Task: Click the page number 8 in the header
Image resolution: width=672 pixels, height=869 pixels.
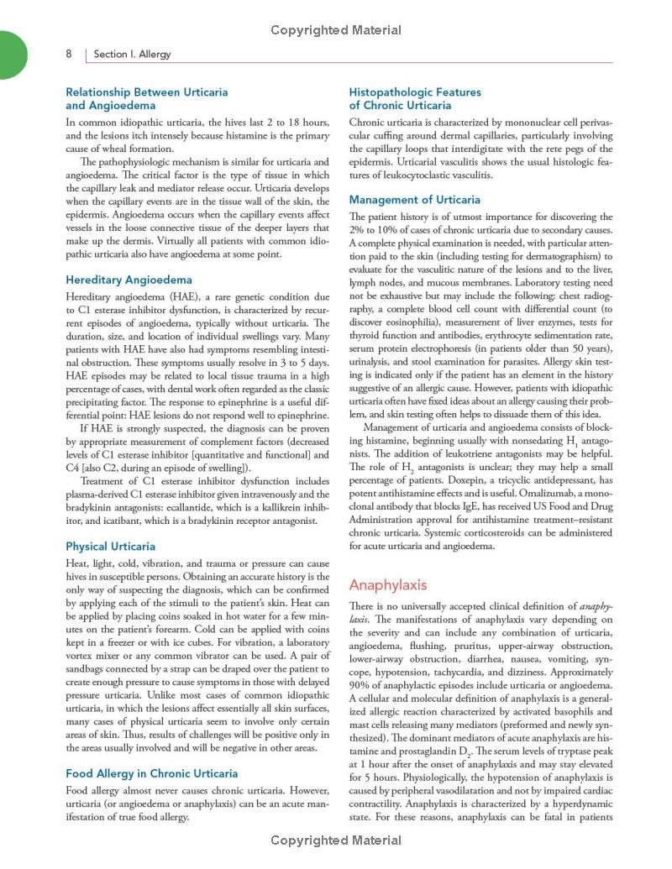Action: click(68, 54)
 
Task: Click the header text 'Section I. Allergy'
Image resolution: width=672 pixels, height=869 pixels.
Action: click(132, 55)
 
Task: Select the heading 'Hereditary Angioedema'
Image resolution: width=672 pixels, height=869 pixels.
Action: click(129, 280)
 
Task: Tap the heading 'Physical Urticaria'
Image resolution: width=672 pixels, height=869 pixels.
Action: click(110, 547)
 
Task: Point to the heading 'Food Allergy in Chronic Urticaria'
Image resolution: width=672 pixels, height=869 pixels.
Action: click(151, 773)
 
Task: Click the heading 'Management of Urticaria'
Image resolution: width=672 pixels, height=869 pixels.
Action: click(414, 200)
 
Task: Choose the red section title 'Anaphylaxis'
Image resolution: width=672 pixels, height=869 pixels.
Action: click(387, 584)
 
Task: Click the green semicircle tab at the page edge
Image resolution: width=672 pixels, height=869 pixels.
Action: click(12, 53)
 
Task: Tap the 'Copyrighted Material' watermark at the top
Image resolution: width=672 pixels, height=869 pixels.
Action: click(336, 31)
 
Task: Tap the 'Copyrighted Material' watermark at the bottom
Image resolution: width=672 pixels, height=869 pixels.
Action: click(336, 840)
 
